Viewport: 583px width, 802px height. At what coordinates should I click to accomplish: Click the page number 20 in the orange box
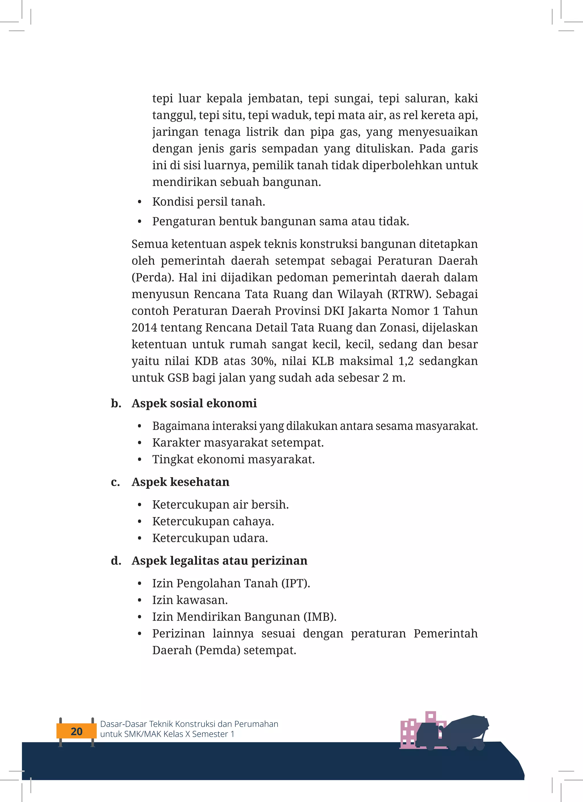point(76,731)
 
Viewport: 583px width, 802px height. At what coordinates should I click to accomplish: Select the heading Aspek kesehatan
point(180,482)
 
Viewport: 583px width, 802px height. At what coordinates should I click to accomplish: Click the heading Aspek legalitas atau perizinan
point(219,560)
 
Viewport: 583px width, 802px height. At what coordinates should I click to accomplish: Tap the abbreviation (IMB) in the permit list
point(320,616)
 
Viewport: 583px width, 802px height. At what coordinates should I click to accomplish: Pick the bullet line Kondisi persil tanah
point(209,201)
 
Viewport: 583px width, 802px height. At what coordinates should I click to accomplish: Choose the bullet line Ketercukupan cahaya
point(213,521)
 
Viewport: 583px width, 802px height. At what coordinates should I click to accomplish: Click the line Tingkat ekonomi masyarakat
point(233,459)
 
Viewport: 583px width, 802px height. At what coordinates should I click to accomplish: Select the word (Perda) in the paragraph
point(153,277)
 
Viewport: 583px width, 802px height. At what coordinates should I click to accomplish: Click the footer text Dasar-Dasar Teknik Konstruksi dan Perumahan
point(189,724)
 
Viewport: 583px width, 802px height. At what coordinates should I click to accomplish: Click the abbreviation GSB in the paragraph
point(178,378)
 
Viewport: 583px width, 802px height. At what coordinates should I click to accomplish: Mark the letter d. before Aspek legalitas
point(116,560)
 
